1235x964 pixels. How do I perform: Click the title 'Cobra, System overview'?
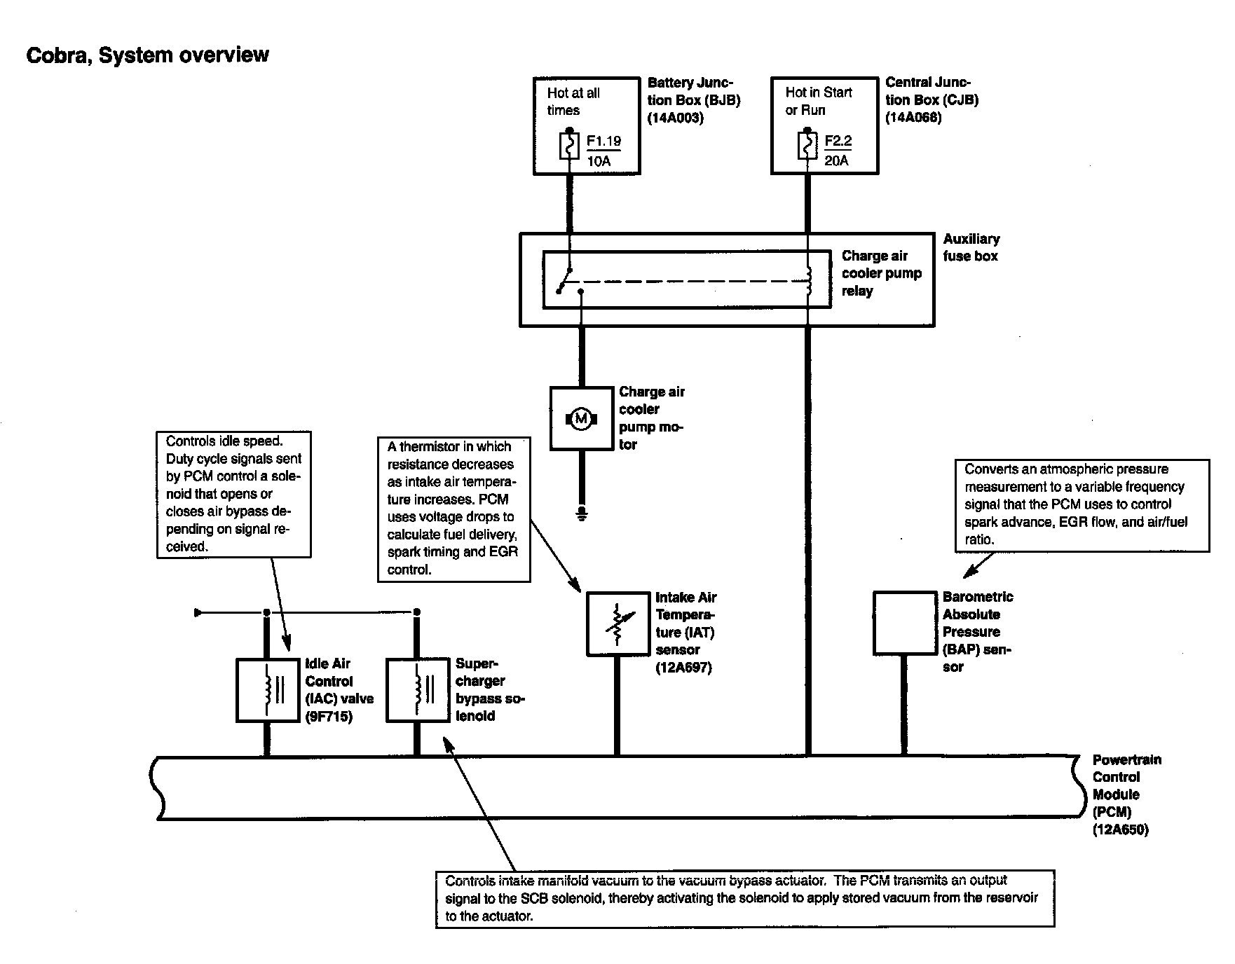(x=147, y=55)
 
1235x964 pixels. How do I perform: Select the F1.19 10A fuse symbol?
(x=569, y=147)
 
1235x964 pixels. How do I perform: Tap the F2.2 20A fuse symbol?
(x=807, y=147)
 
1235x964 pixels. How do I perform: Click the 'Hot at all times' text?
(x=573, y=102)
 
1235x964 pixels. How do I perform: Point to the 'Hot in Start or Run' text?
(x=818, y=101)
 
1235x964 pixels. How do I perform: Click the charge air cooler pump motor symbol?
(x=581, y=418)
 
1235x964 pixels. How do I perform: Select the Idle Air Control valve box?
(x=266, y=690)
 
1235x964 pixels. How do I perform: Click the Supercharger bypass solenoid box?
(x=418, y=690)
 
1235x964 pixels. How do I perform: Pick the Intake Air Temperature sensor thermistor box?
(x=617, y=624)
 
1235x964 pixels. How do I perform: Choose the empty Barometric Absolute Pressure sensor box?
(x=904, y=623)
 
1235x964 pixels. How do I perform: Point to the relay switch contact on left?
(x=565, y=280)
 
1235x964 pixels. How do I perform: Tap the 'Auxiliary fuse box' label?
(x=971, y=247)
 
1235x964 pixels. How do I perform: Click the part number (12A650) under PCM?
(x=1120, y=830)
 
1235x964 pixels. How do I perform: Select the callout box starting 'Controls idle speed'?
(x=233, y=494)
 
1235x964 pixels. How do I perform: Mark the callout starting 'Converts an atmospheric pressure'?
(x=1082, y=504)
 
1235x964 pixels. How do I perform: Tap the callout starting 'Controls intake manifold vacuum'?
(x=744, y=898)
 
